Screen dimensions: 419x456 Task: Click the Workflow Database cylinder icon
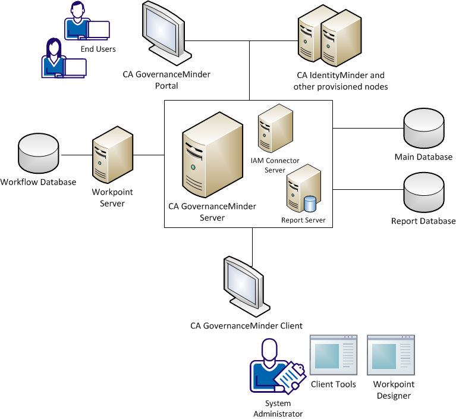(x=39, y=154)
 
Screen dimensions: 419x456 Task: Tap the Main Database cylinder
(x=423, y=130)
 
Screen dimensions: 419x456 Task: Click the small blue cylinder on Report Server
(x=310, y=204)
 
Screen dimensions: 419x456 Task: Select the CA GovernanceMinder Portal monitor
(x=160, y=36)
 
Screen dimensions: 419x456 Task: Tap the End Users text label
(x=98, y=49)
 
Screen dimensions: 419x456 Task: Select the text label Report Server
(x=303, y=220)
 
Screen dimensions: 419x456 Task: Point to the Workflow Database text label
(x=39, y=182)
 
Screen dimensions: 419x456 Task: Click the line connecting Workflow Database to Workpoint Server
(x=76, y=155)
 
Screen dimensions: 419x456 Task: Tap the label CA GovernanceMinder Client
(x=246, y=326)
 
